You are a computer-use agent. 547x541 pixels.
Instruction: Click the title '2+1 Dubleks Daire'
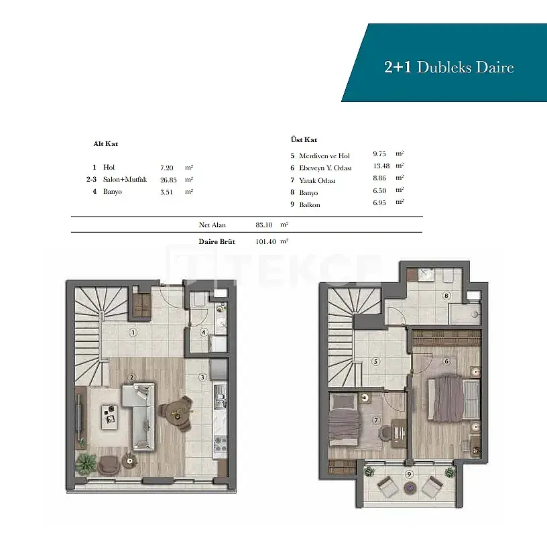pos(449,67)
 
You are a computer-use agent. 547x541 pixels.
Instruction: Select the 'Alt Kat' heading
pos(106,143)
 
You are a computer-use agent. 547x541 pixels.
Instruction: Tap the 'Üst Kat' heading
pos(304,139)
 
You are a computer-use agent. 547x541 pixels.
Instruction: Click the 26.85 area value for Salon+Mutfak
pos(168,180)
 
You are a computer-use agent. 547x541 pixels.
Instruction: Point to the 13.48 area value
pos(381,166)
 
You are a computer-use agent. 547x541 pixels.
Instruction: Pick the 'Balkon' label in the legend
pos(310,204)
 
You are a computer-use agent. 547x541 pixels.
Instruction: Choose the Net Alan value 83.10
pos(263,225)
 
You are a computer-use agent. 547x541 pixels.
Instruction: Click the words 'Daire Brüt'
pos(217,241)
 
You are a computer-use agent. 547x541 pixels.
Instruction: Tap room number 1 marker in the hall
pos(133,333)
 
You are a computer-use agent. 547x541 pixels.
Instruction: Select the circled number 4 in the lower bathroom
pos(204,332)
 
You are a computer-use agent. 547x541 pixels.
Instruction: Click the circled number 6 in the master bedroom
pos(446,361)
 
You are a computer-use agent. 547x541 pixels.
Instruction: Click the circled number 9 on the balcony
pos(409,474)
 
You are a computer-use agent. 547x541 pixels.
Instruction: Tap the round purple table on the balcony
pos(409,487)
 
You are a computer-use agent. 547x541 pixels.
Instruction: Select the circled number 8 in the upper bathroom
pos(446,296)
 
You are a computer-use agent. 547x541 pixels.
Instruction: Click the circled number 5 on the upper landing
pos(375,361)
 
